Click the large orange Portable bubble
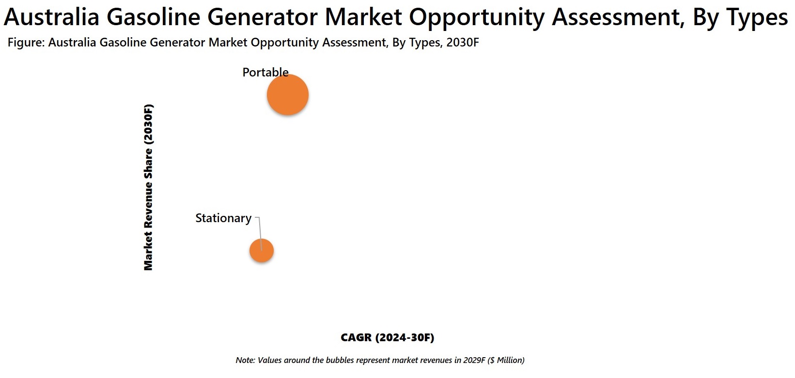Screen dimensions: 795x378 point(288,95)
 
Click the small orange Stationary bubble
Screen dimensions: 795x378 point(262,250)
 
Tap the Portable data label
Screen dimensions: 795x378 point(265,72)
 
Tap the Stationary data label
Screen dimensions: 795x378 point(223,218)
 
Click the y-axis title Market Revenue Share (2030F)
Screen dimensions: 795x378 point(148,187)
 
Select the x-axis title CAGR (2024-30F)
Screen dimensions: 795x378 point(387,337)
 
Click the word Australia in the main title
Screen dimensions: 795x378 point(51,16)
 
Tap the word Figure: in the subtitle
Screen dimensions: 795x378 point(27,43)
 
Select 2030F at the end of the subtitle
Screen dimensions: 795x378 point(463,42)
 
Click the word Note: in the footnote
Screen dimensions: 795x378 point(246,360)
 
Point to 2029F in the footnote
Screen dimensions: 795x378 point(474,360)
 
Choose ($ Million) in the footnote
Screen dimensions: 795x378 point(506,360)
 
